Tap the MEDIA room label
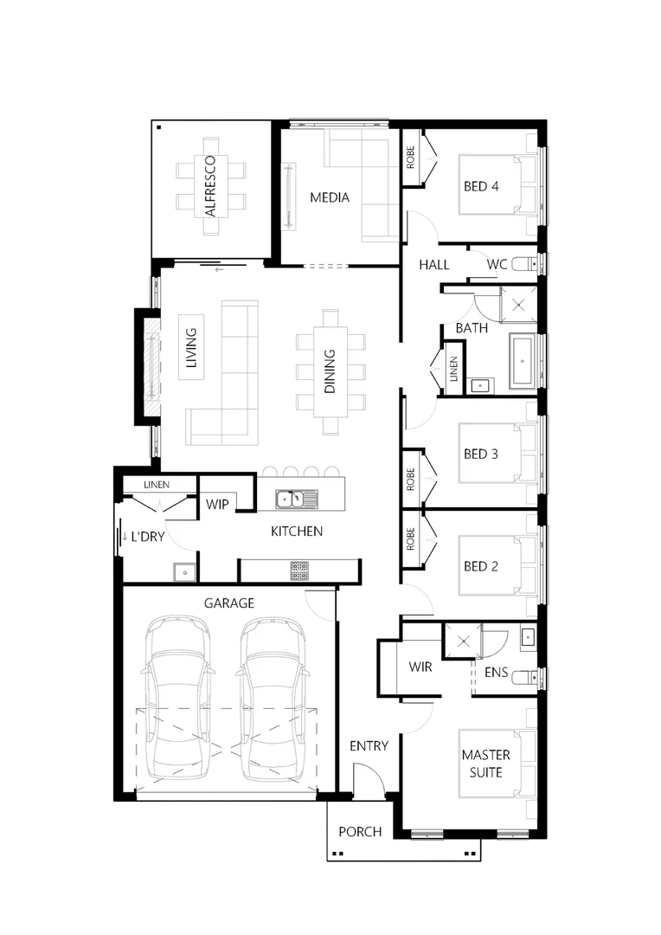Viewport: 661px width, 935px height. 330,198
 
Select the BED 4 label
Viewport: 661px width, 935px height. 482,186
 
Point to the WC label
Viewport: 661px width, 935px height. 497,264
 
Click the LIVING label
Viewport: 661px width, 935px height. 191,347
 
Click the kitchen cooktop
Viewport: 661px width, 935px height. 299,570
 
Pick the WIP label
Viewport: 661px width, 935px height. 217,505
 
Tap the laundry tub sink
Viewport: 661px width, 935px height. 183,571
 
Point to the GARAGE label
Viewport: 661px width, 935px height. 228,603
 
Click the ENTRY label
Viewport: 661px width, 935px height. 369,745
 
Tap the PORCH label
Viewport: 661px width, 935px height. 360,832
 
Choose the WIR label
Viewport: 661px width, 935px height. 420,667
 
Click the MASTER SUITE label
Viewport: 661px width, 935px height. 482,764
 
